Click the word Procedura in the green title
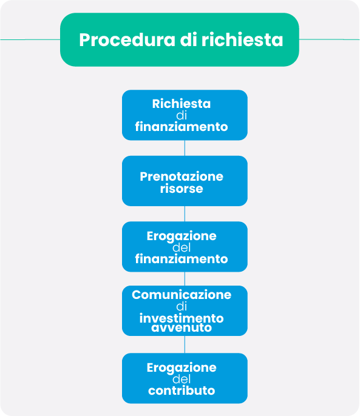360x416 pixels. (127, 40)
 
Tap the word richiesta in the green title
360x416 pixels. (242, 39)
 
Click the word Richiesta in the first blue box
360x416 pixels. (182, 104)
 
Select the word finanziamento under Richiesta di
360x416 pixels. (182, 127)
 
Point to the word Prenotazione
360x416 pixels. (182, 176)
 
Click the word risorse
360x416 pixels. (182, 189)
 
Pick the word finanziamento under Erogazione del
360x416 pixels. (182, 259)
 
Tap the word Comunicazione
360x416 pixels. (182, 295)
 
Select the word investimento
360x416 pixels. (182, 318)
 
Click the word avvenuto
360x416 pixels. (182, 328)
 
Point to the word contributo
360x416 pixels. (182, 391)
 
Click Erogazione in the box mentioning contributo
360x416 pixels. (182, 367)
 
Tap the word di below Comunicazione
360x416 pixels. (182, 306)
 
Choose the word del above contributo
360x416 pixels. (182, 379)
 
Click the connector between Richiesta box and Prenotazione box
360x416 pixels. (185, 148)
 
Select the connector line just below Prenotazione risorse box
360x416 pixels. (185, 214)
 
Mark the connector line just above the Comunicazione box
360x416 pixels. (185, 279)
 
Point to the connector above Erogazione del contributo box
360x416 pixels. (185, 344)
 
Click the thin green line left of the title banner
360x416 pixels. (30, 39)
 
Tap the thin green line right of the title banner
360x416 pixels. (330, 39)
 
